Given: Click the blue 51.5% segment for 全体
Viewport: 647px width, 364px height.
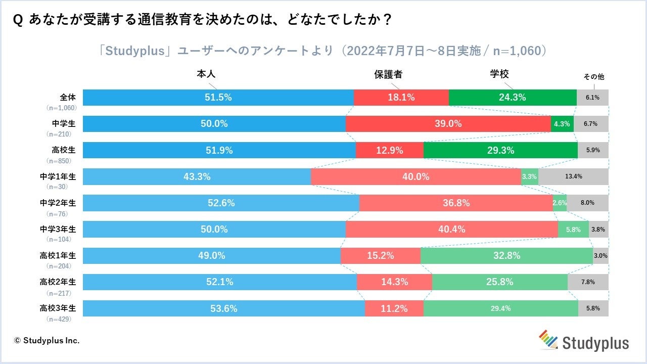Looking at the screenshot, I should (218, 98).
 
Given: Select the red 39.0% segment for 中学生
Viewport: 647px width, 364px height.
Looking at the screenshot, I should (448, 124).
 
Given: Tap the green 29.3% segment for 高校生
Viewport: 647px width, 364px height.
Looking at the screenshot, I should (500, 150).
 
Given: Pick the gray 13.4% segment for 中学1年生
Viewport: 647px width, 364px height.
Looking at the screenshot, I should (573, 176).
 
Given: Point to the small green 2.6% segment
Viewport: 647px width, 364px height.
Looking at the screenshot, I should (560, 203).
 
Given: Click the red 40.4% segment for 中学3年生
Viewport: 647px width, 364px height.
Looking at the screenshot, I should (452, 229).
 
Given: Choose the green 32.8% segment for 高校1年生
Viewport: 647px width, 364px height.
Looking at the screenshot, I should (506, 256).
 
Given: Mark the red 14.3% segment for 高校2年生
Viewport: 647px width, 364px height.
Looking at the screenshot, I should (394, 282).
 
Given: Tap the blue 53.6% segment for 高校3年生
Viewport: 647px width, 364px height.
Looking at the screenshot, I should (224, 308).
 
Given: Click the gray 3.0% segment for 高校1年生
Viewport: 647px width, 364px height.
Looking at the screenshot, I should (600, 256).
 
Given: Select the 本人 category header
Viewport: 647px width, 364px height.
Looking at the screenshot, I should (206, 74).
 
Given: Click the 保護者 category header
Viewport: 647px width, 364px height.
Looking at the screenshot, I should (388, 74).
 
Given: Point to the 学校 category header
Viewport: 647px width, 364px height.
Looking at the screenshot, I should (499, 74).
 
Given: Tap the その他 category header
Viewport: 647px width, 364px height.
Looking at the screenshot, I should (594, 77).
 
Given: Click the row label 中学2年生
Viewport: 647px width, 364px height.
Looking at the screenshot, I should (58, 203).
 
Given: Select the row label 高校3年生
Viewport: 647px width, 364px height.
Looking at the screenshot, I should (58, 308).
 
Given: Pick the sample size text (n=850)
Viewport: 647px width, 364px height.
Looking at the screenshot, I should (59, 161).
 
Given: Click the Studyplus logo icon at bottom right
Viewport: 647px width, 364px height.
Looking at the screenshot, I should (547, 339).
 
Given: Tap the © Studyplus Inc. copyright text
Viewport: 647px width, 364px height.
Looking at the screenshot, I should (47, 340).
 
